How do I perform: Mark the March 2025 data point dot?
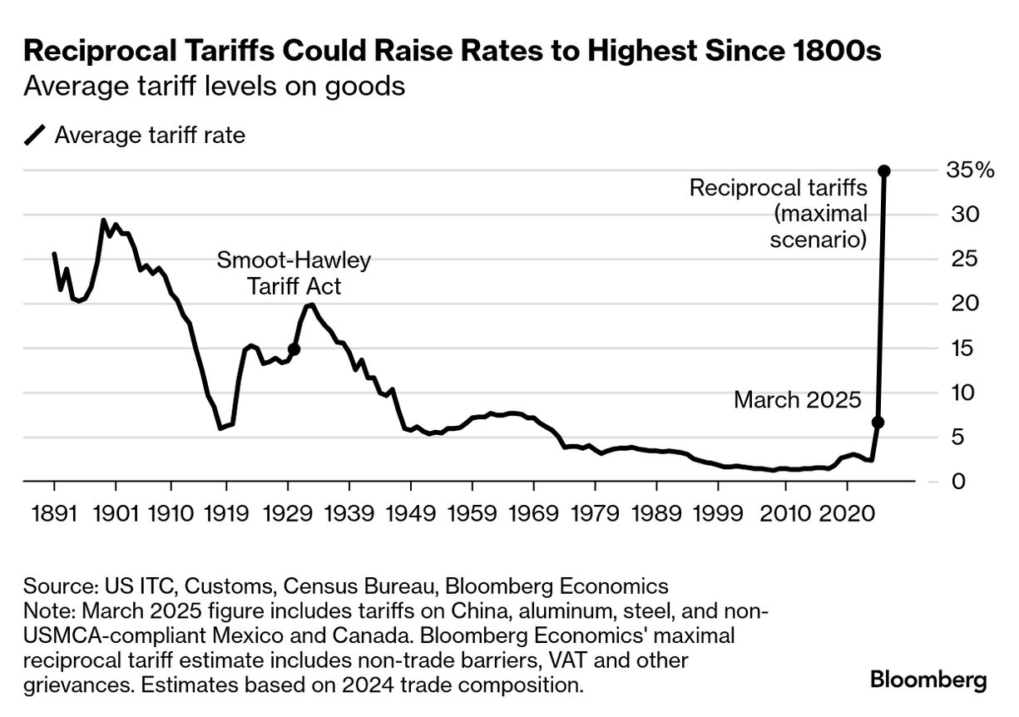coord(878,423)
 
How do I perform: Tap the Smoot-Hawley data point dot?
coord(294,349)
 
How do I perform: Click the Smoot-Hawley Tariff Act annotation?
coord(293,274)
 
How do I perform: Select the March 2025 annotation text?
coord(797,400)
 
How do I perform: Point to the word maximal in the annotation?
coord(821,215)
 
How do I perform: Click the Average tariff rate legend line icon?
coord(36,136)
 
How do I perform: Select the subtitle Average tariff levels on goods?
coord(215,87)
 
